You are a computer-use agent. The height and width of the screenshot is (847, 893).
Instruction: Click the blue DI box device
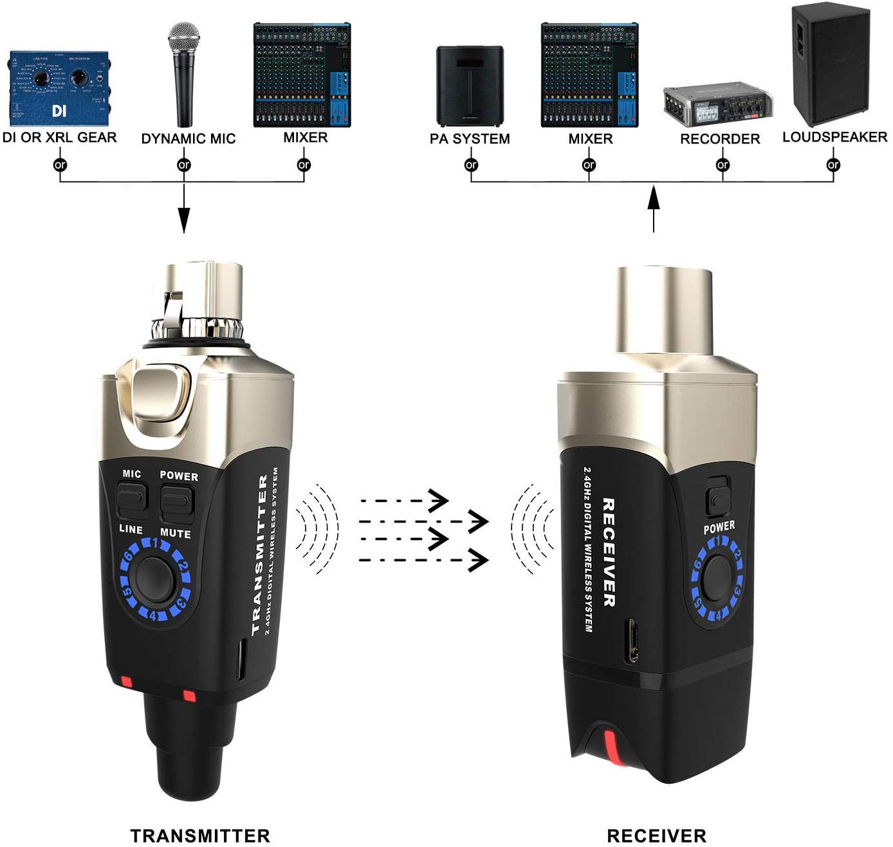[x=59, y=89]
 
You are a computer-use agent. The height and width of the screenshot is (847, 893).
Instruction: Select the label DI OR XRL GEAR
[x=60, y=138]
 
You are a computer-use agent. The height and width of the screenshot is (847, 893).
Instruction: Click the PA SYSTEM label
[x=470, y=139]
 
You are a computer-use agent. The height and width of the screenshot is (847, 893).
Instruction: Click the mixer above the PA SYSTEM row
[x=589, y=75]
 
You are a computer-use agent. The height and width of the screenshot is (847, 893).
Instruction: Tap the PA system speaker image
[x=470, y=86]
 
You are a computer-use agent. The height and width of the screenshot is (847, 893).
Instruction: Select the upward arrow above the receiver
[x=654, y=209]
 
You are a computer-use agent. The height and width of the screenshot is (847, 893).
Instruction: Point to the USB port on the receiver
[x=632, y=640]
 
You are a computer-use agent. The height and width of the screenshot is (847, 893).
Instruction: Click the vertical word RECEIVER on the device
[x=609, y=552]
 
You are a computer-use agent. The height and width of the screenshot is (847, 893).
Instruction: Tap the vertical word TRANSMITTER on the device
[x=260, y=555]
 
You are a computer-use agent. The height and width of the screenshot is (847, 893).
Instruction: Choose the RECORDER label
[x=720, y=139]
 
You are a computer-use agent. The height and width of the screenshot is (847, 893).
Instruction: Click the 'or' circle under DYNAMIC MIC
[x=184, y=165]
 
